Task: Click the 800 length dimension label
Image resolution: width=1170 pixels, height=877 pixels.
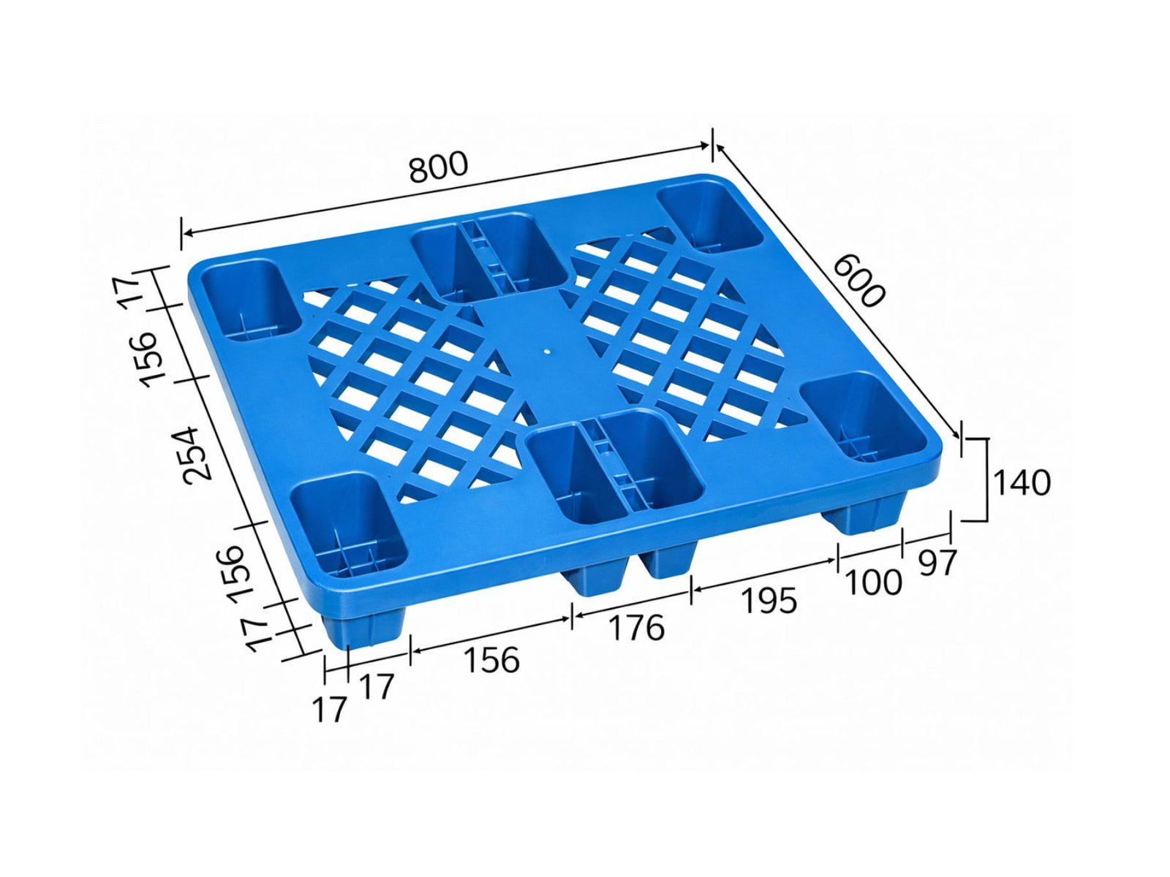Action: (x=438, y=167)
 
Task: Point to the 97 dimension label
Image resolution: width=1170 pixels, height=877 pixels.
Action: (x=937, y=562)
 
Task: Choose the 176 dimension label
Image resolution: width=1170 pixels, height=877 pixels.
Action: (x=636, y=628)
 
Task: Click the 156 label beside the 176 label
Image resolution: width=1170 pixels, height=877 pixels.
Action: (x=491, y=660)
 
